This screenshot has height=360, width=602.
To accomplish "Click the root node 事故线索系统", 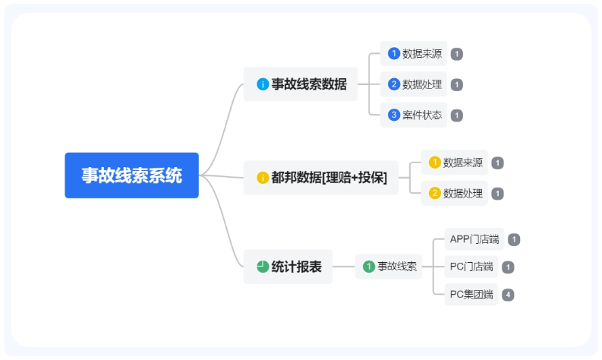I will click(131, 175).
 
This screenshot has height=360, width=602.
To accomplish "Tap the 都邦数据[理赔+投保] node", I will click(321, 178).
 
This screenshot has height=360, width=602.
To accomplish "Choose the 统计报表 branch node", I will click(288, 267).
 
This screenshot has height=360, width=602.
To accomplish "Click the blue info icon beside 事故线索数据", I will click(263, 84).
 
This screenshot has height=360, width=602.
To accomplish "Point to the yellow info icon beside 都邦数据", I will click(263, 178).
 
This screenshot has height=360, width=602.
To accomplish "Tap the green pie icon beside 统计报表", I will click(263, 267).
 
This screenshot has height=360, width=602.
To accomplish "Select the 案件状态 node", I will click(414, 115).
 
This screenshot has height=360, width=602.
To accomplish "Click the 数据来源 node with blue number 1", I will click(414, 54).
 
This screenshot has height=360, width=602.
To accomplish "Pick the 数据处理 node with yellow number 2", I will click(454, 193).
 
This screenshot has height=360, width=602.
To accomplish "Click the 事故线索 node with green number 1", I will click(389, 267).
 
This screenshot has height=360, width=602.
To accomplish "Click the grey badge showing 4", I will click(508, 295).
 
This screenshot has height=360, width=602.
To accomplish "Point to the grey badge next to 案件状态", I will click(457, 115).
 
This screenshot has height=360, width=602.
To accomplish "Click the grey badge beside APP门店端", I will click(514, 240).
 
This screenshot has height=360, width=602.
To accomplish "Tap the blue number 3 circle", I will click(393, 115).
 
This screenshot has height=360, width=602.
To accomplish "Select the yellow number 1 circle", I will click(434, 163).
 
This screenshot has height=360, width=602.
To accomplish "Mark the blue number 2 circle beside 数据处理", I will click(393, 84).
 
